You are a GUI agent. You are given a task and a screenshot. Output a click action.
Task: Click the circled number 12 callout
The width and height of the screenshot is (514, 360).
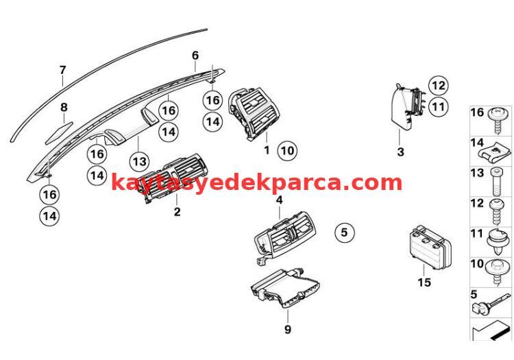[439, 86]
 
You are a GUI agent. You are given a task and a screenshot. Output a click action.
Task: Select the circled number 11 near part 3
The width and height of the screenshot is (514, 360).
[439, 107]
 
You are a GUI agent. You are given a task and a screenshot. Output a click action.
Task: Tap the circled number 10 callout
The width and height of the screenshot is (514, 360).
[287, 151]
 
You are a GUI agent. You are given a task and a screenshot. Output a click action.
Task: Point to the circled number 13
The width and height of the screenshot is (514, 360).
[139, 161]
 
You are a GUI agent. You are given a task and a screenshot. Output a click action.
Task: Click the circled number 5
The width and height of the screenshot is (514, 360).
[344, 232]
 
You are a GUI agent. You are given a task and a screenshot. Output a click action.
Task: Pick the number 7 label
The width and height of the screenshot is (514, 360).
[62, 70]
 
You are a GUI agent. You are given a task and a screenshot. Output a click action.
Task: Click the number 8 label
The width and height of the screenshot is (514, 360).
[64, 107]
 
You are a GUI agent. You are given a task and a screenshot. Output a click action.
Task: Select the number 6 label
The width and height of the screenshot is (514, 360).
[195, 55]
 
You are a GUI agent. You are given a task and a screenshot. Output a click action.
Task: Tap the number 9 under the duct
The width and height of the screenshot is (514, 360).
[287, 329]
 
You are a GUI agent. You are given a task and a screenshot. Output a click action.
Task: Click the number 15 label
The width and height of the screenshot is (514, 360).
[424, 283]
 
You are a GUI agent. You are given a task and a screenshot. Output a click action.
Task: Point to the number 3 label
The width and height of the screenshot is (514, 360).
[401, 152]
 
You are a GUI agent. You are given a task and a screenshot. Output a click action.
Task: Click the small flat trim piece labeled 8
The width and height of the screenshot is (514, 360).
[59, 133]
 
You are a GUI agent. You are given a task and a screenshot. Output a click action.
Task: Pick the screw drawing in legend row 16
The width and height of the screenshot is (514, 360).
[498, 120]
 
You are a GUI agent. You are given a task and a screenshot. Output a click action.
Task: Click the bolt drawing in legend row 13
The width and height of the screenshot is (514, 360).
[495, 181]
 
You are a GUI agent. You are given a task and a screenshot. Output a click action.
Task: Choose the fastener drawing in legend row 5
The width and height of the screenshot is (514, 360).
[491, 304]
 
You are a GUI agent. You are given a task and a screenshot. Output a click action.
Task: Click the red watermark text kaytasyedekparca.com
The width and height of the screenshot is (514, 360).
[256, 182]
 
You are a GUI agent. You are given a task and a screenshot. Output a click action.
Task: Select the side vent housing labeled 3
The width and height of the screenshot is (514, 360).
[406, 106]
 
